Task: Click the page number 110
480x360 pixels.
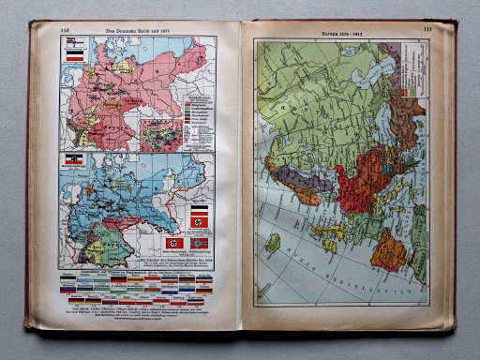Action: [x=65, y=31]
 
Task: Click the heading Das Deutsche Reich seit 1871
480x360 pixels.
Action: [x=138, y=31]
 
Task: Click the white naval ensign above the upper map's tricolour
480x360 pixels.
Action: [x=72, y=42]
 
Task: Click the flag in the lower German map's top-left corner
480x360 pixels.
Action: [x=72, y=160]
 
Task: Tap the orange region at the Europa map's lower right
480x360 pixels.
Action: [x=388, y=252]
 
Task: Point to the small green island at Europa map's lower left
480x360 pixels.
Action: [x=273, y=243]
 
